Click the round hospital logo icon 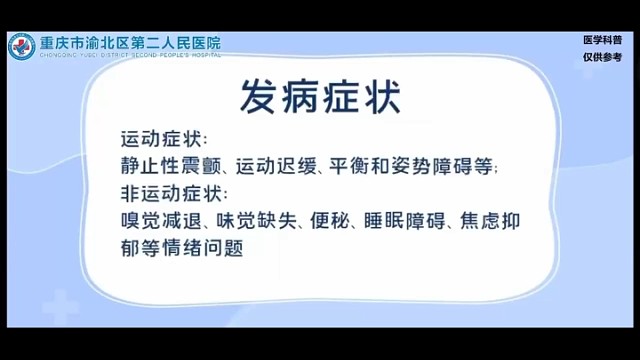pyautogui.click(x=21, y=46)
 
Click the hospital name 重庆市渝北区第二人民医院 pyautogui.click(x=129, y=42)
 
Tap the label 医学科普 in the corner pyautogui.click(x=602, y=41)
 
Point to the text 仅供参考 pyautogui.click(x=602, y=58)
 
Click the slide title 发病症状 pyautogui.click(x=319, y=98)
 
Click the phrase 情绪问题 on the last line pyautogui.click(x=207, y=246)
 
